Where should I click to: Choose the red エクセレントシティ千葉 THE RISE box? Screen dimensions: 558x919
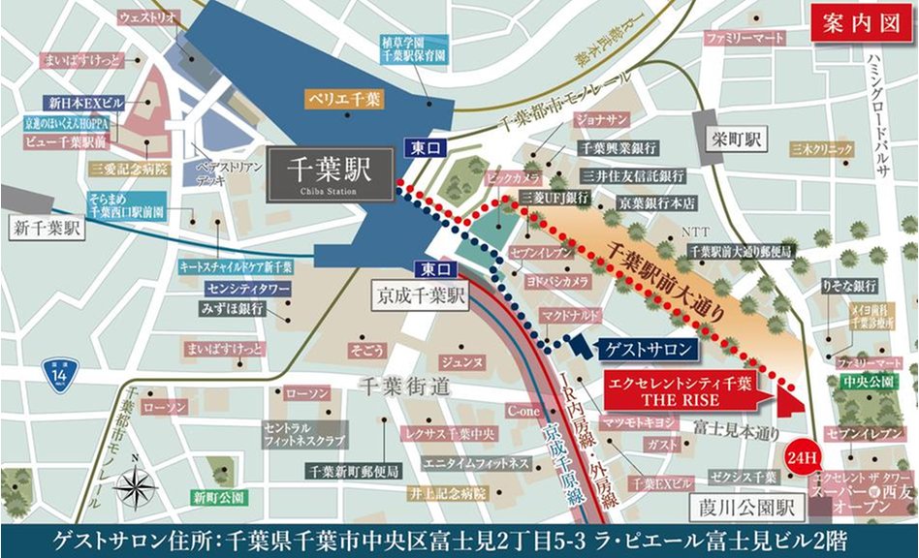point(679,389)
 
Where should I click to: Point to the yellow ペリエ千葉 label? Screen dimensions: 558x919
point(344,99)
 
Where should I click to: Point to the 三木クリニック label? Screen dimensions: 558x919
point(822,149)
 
